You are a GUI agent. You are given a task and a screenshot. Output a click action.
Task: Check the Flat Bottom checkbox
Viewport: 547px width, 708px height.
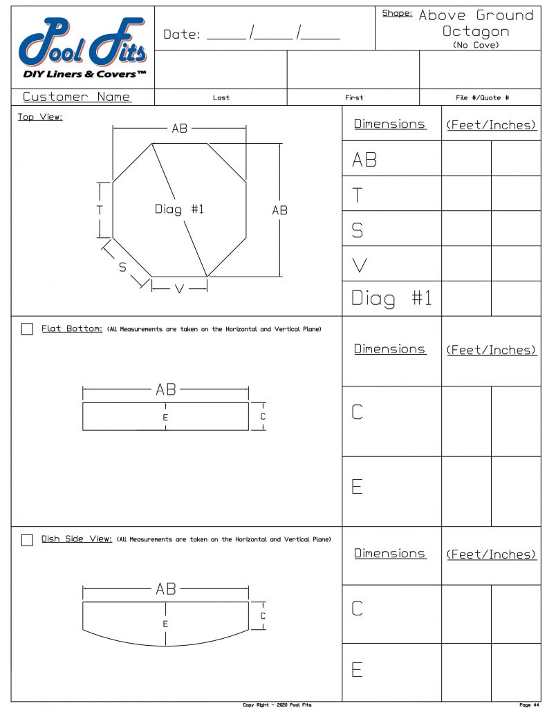tap(27, 329)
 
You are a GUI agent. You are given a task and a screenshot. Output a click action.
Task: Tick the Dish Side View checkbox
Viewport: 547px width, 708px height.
tap(27, 540)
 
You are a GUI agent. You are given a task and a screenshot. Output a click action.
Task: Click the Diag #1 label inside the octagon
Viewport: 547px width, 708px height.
tap(179, 209)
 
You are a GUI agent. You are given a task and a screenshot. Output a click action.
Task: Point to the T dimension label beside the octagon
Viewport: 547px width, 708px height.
tap(100, 209)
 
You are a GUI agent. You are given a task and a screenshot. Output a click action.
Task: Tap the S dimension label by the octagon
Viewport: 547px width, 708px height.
tap(122, 268)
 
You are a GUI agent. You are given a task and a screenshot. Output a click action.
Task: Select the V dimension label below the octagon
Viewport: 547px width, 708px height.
tap(179, 289)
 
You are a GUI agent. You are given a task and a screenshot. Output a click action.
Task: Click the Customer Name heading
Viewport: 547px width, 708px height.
tap(77, 97)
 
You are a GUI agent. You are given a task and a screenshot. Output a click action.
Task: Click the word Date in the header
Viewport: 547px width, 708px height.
tap(182, 35)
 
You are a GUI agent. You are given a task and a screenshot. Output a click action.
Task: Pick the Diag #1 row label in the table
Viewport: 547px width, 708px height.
tap(391, 299)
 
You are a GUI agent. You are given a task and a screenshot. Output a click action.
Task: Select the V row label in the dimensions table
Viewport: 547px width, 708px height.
tap(360, 264)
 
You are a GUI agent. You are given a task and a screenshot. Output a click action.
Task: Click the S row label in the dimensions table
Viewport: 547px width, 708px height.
tap(358, 230)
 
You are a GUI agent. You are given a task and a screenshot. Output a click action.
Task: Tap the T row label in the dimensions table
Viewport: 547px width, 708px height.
tap(358, 194)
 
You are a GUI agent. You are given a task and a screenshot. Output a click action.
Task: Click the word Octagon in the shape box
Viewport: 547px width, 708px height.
tap(476, 31)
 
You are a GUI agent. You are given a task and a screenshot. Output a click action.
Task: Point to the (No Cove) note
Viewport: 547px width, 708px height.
tap(476, 45)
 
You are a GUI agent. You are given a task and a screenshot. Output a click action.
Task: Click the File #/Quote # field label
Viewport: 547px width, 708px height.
tap(482, 98)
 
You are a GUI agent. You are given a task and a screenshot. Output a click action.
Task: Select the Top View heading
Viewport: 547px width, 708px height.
tap(40, 117)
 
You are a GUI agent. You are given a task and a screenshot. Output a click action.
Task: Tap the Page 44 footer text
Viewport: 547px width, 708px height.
tap(528, 705)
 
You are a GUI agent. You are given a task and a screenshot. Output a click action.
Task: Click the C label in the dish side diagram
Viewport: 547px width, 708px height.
tap(263, 615)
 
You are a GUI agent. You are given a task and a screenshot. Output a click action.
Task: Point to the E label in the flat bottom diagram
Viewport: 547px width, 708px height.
tap(165, 418)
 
